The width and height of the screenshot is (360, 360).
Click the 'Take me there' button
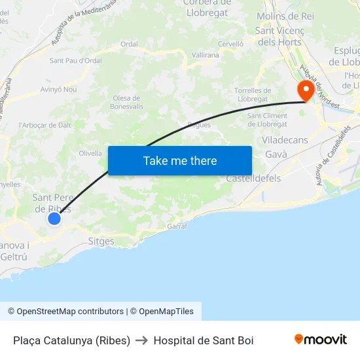pyautogui.click(x=180, y=160)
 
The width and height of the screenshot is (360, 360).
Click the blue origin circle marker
pyautogui.click(x=54, y=219)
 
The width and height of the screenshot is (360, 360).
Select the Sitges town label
pyautogui.click(x=101, y=241)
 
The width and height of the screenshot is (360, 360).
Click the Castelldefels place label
pyautogui.click(x=253, y=178)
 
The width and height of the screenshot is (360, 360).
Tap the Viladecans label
pyautogui.click(x=285, y=140)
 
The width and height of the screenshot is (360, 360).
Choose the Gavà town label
pyautogui.click(x=276, y=154)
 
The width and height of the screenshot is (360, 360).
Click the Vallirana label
pyautogui.click(x=205, y=56)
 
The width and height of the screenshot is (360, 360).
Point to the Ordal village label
pyautogui.click(x=129, y=45)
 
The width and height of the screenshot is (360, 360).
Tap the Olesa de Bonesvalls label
pyautogui.click(x=127, y=102)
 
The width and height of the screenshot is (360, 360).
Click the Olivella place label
pyautogui.click(x=90, y=153)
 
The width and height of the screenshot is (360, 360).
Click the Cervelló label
pyautogui.click(x=230, y=43)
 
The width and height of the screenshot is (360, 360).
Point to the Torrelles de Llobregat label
pyautogui.click(x=253, y=94)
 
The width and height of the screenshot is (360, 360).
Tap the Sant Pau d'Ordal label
pyautogui.click(x=76, y=61)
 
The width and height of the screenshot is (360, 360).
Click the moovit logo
pyautogui.click(x=321, y=339)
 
